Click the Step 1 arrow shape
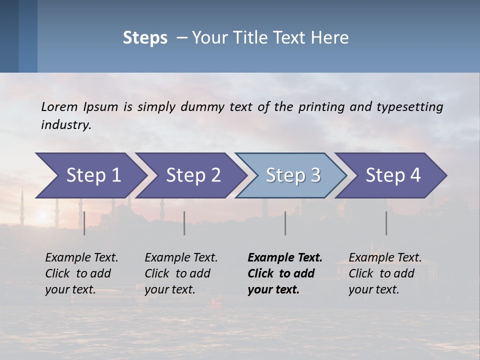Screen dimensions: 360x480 (x=90, y=175)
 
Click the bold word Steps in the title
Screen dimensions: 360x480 (x=145, y=38)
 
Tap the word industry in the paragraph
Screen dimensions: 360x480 (x=65, y=125)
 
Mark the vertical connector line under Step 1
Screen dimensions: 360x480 (x=84, y=223)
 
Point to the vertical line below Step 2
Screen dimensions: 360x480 (x=184, y=223)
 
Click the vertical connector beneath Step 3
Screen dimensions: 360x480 (x=285, y=223)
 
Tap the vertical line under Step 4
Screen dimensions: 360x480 (x=386, y=223)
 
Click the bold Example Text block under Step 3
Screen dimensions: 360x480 (x=284, y=273)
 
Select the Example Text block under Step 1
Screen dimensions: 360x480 (x=81, y=273)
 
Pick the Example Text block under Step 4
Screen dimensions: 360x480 (x=385, y=273)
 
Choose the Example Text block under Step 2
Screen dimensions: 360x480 (x=181, y=273)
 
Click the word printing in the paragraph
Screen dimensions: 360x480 (x=319, y=107)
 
